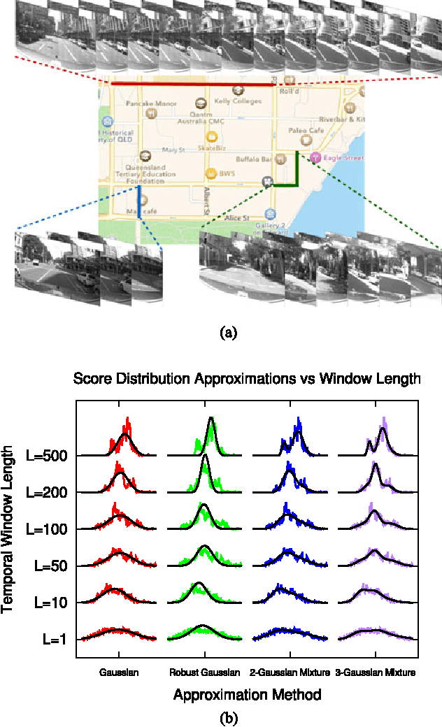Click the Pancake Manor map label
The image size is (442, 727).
(x=147, y=103)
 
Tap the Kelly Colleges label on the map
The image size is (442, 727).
(x=238, y=101)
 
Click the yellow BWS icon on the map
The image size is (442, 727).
(x=208, y=173)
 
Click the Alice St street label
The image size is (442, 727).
(x=238, y=218)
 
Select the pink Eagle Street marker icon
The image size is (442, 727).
(x=315, y=157)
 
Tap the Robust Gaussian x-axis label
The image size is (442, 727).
(x=204, y=673)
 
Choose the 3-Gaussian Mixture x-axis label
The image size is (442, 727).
(x=376, y=673)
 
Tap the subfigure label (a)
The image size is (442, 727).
(x=228, y=333)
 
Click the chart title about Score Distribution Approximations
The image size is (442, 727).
(x=246, y=380)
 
